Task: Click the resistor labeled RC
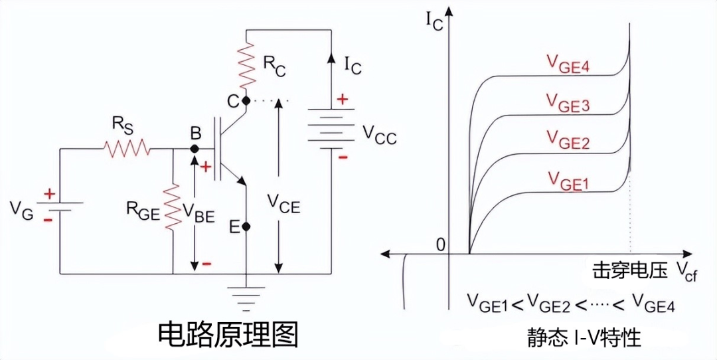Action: click(246, 65)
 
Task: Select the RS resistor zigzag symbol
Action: click(127, 149)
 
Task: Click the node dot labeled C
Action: click(246, 101)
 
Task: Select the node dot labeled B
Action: click(195, 149)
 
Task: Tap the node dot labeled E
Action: click(246, 226)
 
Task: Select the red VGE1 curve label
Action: click(568, 179)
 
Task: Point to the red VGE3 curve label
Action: click(568, 103)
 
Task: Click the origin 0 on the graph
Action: click(439, 244)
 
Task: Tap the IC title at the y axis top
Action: click(435, 19)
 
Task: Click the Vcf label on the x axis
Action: click(686, 272)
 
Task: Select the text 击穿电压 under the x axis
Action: click(629, 270)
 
